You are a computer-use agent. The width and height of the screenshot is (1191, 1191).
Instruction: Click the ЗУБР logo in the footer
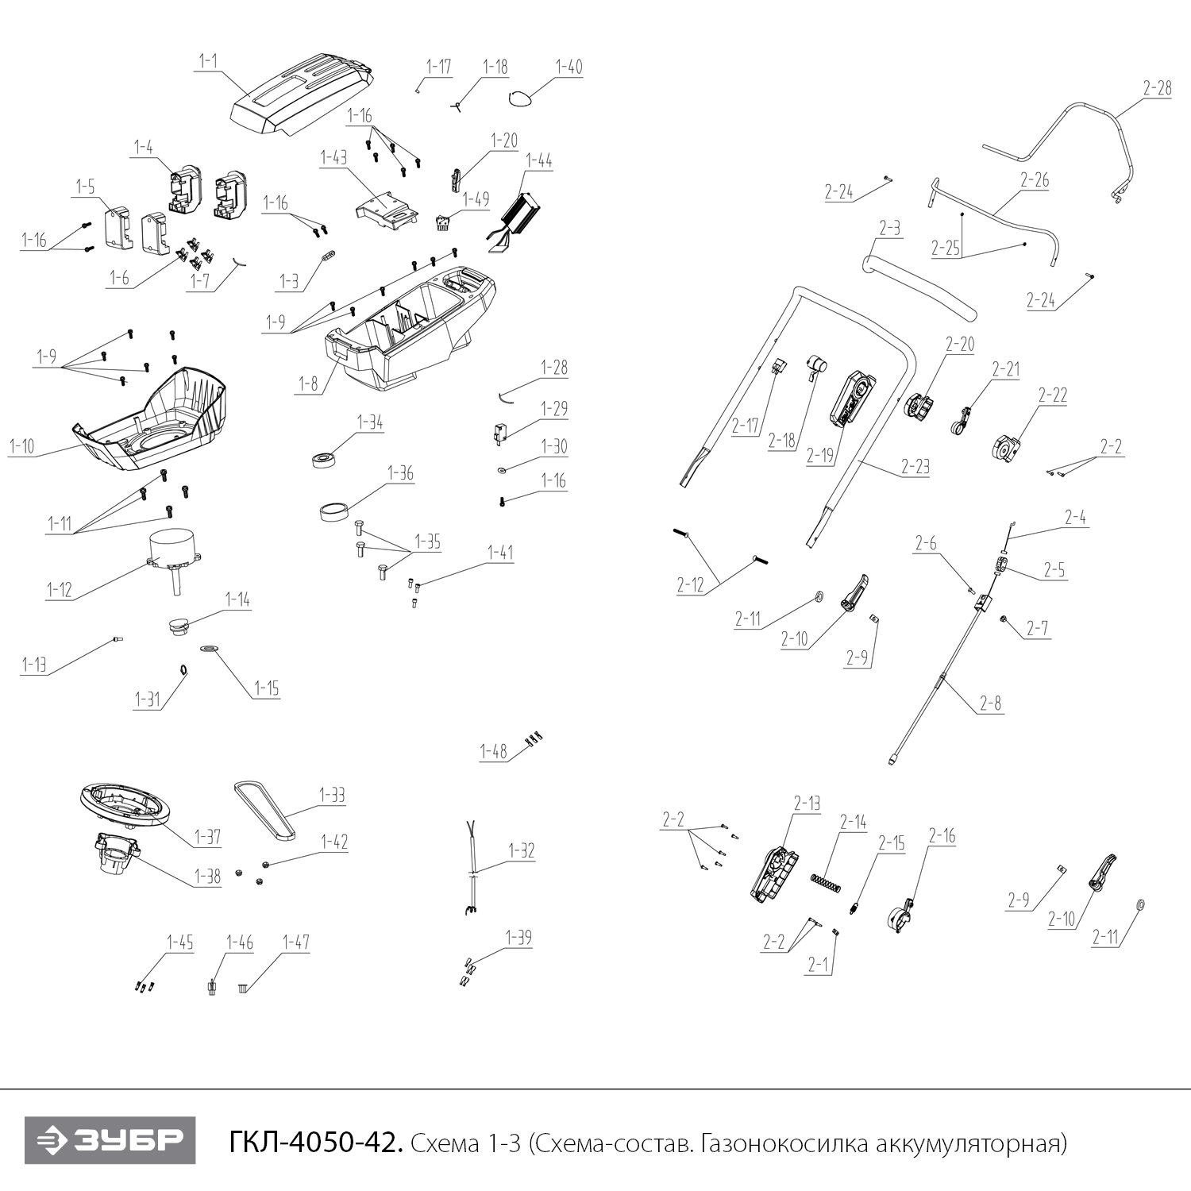tap(110, 1142)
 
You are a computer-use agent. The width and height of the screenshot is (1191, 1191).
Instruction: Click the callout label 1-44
tap(539, 160)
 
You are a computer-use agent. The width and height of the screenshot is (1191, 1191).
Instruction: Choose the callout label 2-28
tap(1157, 88)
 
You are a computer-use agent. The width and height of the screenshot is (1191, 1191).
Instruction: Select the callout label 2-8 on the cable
tap(990, 703)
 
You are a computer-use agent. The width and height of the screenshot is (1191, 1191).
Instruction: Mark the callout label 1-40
tap(569, 67)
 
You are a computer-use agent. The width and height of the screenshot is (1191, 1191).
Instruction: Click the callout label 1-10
tap(22, 447)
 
